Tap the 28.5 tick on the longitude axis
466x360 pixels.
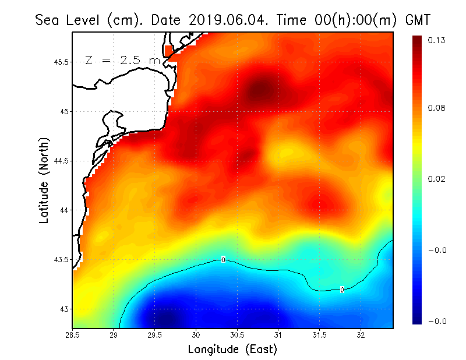pyautogui.click(x=73, y=334)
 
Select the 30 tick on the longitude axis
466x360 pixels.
pyautogui.click(x=196, y=334)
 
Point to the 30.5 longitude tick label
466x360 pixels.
pyautogui.click(x=237, y=334)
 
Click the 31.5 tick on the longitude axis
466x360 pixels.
pyautogui.click(x=319, y=334)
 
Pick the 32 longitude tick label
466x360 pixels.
pyautogui.click(x=361, y=334)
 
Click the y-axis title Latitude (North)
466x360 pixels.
pyautogui.click(x=44, y=179)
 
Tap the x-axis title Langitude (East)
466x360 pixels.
pyautogui.click(x=232, y=350)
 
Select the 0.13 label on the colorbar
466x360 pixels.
pyautogui.click(x=437, y=40)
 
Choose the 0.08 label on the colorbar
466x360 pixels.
pyautogui.click(x=437, y=108)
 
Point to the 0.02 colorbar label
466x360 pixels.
pyautogui.click(x=437, y=179)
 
